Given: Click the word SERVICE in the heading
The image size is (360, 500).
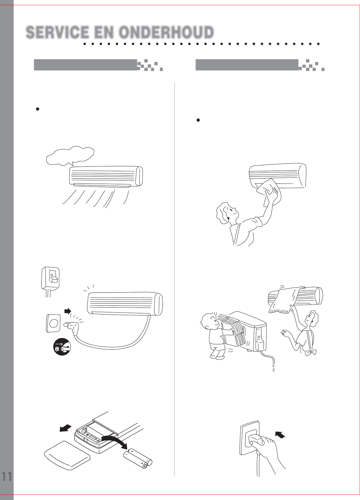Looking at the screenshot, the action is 57,32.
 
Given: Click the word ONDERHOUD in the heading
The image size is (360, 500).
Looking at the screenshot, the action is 167,32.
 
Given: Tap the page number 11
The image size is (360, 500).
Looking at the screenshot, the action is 7,477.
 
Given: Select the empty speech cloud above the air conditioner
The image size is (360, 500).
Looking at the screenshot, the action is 70,156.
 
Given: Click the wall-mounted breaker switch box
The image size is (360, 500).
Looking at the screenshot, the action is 50,278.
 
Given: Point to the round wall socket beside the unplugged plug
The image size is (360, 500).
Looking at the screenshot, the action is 53,323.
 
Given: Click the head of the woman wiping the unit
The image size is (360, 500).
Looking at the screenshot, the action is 226,213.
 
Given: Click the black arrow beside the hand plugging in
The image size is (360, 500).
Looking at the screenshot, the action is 280,435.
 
